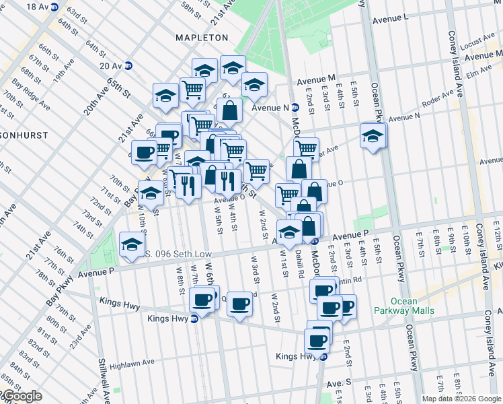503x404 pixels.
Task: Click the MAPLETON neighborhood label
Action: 202,38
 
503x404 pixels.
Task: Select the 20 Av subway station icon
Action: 128,65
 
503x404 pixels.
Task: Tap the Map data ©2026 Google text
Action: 462,399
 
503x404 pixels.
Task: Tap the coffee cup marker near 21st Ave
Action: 143,153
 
